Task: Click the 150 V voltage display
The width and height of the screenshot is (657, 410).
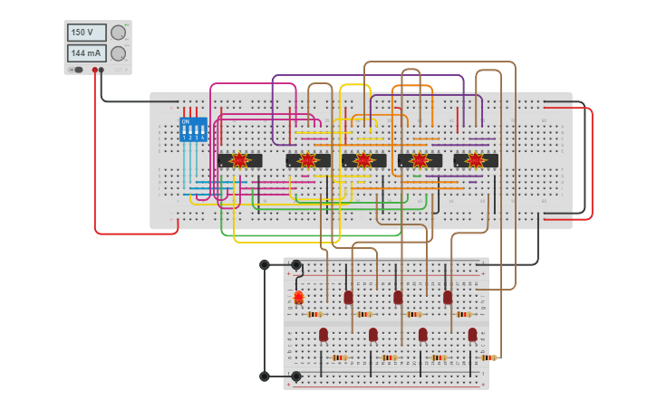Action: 87,33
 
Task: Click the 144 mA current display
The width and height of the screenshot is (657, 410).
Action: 87,53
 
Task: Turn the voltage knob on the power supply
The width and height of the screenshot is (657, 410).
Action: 118,33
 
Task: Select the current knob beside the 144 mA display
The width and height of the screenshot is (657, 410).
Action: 118,53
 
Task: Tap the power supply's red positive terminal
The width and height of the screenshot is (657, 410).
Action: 94,70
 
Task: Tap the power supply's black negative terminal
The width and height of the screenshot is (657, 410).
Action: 101,70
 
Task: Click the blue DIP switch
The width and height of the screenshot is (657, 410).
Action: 193,129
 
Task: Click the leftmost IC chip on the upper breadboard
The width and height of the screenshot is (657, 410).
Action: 239,160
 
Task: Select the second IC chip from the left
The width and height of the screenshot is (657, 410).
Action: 308,160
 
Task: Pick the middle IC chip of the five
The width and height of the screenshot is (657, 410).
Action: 363,160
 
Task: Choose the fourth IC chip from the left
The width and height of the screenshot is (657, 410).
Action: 420,160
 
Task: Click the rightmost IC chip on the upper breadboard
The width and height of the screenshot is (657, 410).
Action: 476,160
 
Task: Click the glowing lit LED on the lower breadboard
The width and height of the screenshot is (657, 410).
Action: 298,297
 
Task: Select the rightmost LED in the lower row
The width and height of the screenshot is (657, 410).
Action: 472,335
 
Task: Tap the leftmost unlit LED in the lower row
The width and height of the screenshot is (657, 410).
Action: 324,335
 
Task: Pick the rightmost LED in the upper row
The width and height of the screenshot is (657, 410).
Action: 448,297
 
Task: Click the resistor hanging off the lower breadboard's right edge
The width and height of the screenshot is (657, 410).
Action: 489,358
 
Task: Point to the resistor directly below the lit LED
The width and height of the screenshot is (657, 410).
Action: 314,314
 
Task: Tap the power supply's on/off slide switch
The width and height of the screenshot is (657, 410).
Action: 78,70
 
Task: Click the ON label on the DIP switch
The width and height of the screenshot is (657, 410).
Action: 186,121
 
